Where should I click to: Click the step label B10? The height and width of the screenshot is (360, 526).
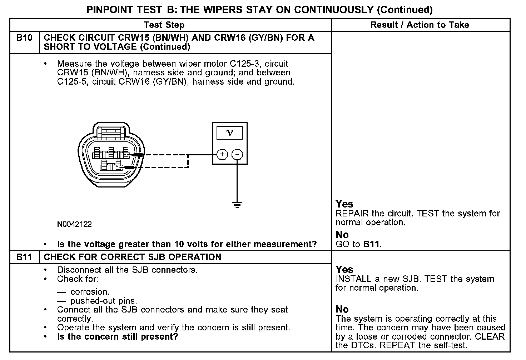point(24,38)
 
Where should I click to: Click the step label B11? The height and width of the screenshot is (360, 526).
point(24,257)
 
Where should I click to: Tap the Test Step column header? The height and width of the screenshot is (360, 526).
point(164,25)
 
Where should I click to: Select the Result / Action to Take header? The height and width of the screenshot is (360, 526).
point(420,25)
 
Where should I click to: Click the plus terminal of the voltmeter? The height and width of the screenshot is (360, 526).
point(222,155)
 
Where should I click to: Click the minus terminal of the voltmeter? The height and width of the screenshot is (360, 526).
point(237,155)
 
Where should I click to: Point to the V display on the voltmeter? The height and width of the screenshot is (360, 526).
point(230,133)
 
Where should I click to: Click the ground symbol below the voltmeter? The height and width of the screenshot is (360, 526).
point(237,205)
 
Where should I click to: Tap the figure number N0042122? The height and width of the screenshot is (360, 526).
point(74,224)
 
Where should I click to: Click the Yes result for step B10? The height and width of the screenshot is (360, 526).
point(344,204)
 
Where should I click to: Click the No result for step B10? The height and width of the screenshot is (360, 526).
point(342,235)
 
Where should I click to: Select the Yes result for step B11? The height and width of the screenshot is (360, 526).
point(344,270)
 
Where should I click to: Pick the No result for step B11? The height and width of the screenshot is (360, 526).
point(342,309)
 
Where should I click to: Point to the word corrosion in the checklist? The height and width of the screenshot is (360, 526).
point(90,292)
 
